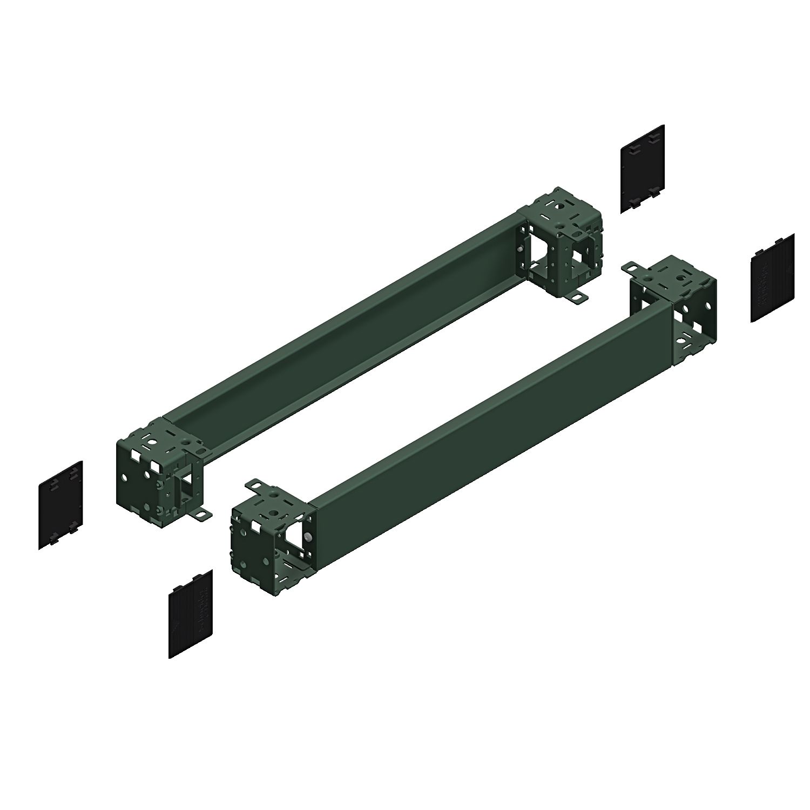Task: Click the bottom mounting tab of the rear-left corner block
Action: coord(203,516)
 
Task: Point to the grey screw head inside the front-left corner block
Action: coord(307,537)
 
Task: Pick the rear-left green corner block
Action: coord(157,464)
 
